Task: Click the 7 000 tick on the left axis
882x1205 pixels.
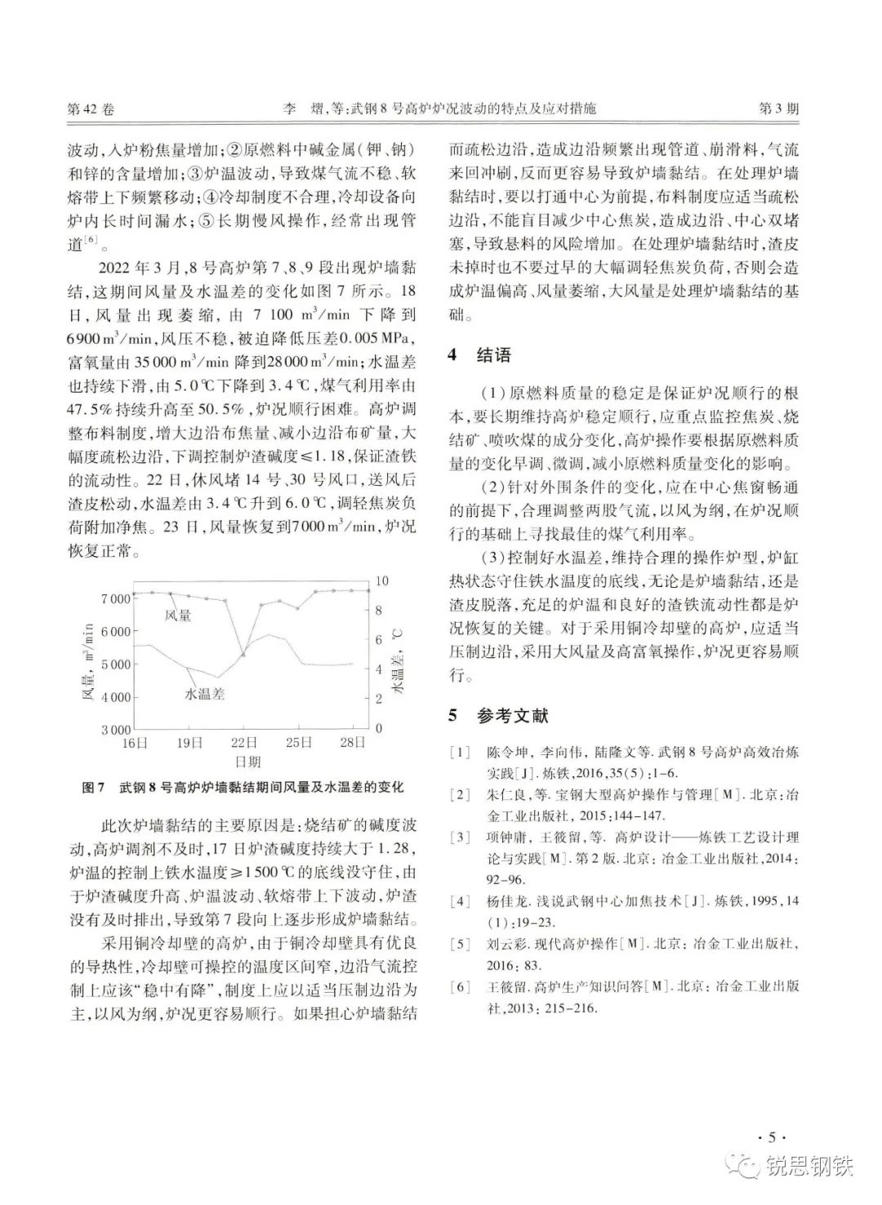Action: pyautogui.click(x=115, y=598)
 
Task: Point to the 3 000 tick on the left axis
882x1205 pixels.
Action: pyautogui.click(x=115, y=729)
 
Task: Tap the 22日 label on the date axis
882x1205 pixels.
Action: pyautogui.click(x=243, y=743)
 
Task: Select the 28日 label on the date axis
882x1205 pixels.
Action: pyautogui.click(x=354, y=743)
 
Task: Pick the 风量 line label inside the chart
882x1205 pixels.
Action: pyautogui.click(x=177, y=615)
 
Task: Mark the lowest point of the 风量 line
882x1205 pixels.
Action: pyautogui.click(x=243, y=655)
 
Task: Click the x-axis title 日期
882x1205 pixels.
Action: pyautogui.click(x=247, y=762)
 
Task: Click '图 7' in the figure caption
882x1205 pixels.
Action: pyautogui.click(x=96, y=789)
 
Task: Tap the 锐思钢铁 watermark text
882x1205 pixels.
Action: pyautogui.click(x=809, y=1168)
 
